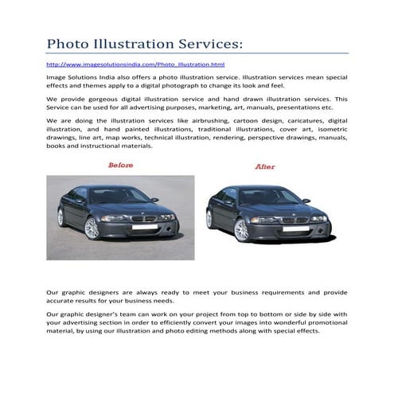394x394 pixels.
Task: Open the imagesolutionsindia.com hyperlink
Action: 135,63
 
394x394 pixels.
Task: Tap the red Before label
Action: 120,165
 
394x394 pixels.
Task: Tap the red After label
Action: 265,167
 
